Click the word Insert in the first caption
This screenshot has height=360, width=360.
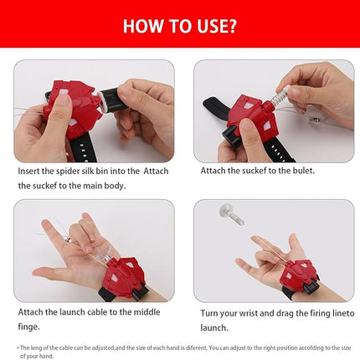point(31,170)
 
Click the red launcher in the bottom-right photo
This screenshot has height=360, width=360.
point(305,276)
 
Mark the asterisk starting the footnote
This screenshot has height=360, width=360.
point(17,347)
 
